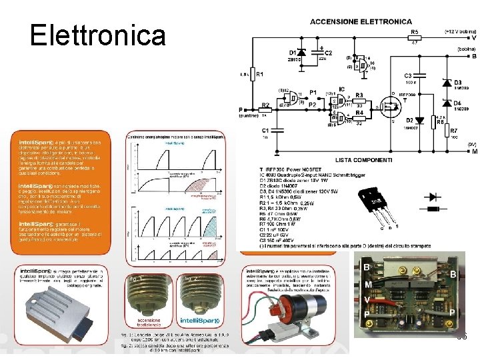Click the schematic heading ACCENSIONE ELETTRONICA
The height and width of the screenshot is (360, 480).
tap(360, 22)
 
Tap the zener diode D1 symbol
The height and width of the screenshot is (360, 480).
tap(301, 52)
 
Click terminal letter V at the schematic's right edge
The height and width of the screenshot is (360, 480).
tap(474, 39)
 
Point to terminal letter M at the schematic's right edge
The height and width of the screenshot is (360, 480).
tap(474, 151)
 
